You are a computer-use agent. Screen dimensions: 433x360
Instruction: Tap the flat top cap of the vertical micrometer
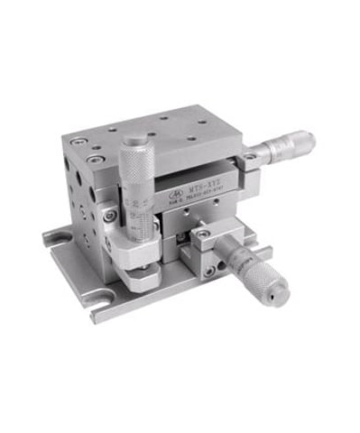134,138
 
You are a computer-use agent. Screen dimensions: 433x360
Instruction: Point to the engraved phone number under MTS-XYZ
204,203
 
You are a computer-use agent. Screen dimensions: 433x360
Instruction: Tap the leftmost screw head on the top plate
79,141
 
